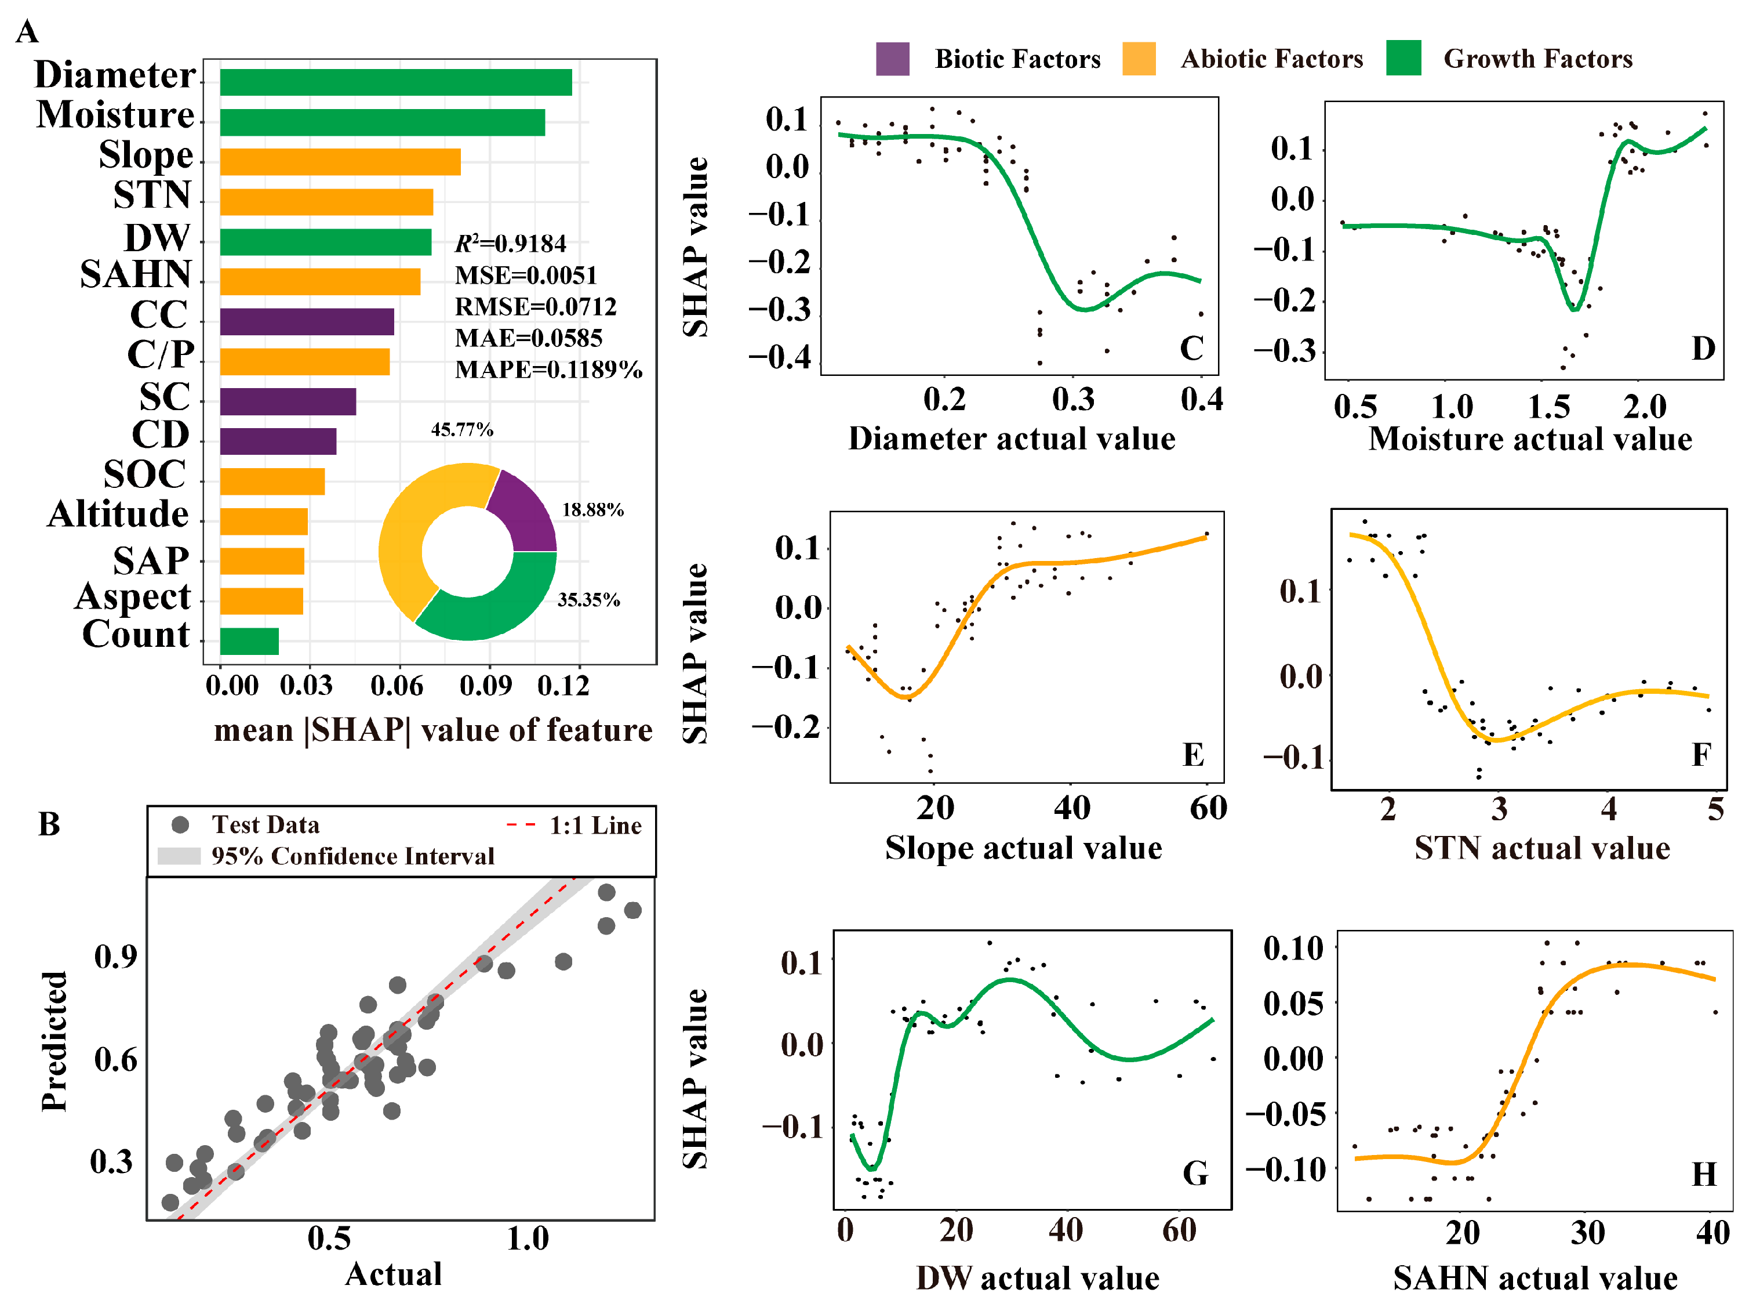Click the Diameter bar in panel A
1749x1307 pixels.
[395, 82]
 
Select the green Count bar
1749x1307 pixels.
[249, 641]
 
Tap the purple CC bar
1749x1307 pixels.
[307, 322]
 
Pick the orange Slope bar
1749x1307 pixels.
[340, 162]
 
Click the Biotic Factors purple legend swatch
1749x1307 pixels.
[892, 59]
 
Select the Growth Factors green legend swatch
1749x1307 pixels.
[1403, 59]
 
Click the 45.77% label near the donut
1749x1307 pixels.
[462, 430]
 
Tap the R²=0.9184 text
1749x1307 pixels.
[511, 244]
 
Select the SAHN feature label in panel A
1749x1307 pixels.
[136, 274]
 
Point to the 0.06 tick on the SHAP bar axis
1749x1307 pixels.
[397, 685]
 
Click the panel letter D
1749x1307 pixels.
[1703, 348]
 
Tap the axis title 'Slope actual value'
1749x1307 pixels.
[1023, 848]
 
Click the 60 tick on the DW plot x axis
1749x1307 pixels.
[1179, 1231]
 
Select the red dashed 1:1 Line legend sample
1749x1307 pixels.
[521, 825]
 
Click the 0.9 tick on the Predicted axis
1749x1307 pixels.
[115, 957]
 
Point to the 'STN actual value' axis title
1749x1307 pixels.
[1542, 848]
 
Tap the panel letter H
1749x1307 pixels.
[1704, 1174]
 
